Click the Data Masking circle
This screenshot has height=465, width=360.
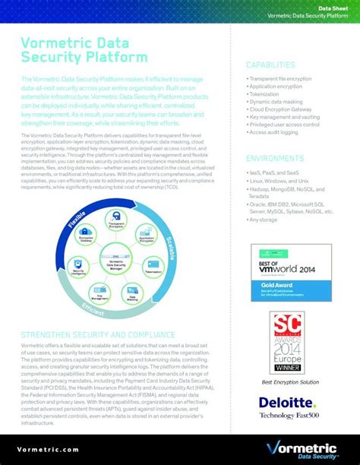pos(134,293)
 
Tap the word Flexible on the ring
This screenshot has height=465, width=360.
pos(77,219)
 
